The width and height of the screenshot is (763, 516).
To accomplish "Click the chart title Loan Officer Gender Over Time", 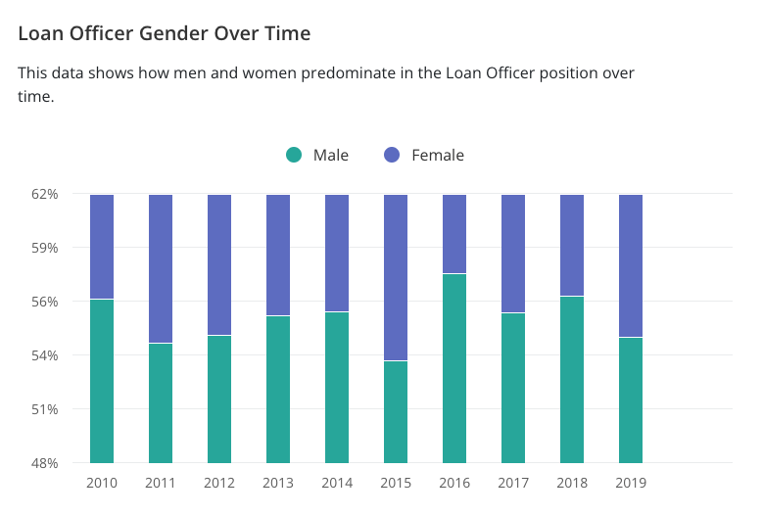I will (165, 33).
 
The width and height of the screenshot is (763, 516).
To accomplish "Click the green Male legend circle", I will (294, 155).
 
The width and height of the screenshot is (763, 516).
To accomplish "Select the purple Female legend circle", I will (392, 155).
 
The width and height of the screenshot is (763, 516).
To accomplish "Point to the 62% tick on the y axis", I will (45, 194).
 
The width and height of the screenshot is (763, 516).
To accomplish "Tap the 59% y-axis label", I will (45, 248).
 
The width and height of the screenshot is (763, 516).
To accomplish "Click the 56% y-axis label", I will (45, 302).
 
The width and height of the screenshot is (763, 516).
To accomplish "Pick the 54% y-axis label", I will (45, 355).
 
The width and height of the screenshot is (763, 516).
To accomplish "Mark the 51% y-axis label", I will (45, 409).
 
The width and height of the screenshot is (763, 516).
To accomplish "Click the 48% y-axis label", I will (45, 463).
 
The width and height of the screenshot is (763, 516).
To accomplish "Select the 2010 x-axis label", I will (102, 483).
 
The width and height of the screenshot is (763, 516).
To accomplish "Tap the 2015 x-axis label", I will (396, 483).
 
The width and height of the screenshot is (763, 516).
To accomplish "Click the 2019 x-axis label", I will (631, 483).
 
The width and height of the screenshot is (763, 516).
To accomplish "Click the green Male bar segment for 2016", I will (454, 368).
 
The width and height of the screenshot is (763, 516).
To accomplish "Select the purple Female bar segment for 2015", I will (396, 277).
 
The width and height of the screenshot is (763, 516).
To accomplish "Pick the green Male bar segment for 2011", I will (161, 402).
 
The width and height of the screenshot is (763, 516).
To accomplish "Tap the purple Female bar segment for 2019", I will (631, 265).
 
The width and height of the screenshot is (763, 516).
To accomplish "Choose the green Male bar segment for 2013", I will (278, 389).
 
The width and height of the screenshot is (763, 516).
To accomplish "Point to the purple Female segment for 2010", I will (102, 246).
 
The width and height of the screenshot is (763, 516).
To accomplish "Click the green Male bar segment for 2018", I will (572, 379).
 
